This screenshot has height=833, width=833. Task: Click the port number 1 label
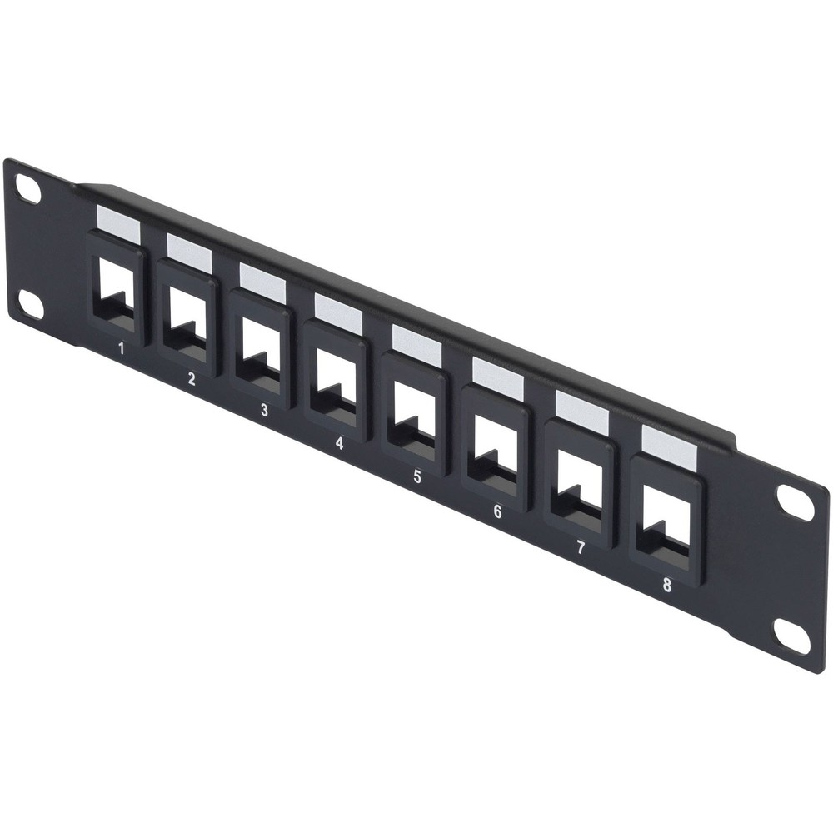pyautogui.click(x=122, y=348)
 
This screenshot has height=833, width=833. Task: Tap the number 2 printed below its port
pyautogui.click(x=191, y=379)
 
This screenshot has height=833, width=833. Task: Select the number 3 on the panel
pyautogui.click(x=264, y=409)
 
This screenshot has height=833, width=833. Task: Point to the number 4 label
pyautogui.click(x=339, y=442)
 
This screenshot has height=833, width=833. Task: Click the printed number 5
pyautogui.click(x=416, y=476)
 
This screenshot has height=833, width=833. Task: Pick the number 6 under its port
pyautogui.click(x=497, y=511)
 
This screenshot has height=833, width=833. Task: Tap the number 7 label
pyautogui.click(x=581, y=547)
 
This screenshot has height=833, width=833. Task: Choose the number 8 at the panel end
pyautogui.click(x=666, y=584)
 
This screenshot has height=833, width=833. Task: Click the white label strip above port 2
pyautogui.click(x=189, y=247)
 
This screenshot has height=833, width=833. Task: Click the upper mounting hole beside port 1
pyautogui.click(x=28, y=191)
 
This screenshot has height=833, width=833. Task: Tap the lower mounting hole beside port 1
pyautogui.click(x=30, y=307)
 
